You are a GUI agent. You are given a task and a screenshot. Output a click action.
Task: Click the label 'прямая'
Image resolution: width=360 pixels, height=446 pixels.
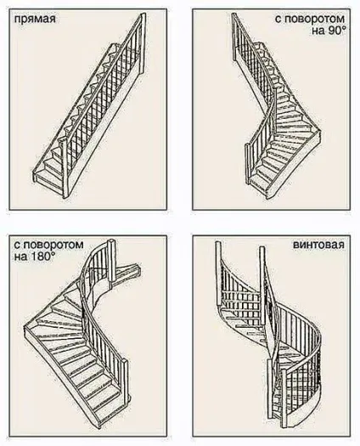point(35,20)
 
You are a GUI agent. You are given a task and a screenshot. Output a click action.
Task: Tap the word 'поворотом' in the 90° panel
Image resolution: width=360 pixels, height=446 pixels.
point(314,19)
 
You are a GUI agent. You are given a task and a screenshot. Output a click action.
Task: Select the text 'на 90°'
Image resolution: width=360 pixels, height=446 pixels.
point(328,31)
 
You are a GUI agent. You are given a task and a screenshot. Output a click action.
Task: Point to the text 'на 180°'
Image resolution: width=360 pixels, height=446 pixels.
point(35,257)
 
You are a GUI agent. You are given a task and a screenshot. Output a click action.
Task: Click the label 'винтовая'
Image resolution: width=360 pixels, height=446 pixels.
point(318,245)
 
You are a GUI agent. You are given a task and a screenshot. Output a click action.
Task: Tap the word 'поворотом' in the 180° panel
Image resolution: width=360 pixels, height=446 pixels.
point(53,245)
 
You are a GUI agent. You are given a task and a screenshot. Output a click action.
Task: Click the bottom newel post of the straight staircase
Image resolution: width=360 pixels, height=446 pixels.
point(65,168)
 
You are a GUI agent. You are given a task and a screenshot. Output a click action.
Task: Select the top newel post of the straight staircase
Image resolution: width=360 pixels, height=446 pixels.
point(142,42)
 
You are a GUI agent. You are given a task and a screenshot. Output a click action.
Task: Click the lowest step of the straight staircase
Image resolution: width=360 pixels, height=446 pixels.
point(50,178)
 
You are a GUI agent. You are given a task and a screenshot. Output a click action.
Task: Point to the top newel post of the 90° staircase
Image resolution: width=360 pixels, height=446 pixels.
point(234,37)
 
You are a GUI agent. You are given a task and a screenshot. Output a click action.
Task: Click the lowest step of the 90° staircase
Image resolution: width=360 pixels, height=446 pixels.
point(259,184)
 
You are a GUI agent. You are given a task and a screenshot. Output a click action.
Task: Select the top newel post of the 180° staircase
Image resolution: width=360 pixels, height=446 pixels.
point(111,263)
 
